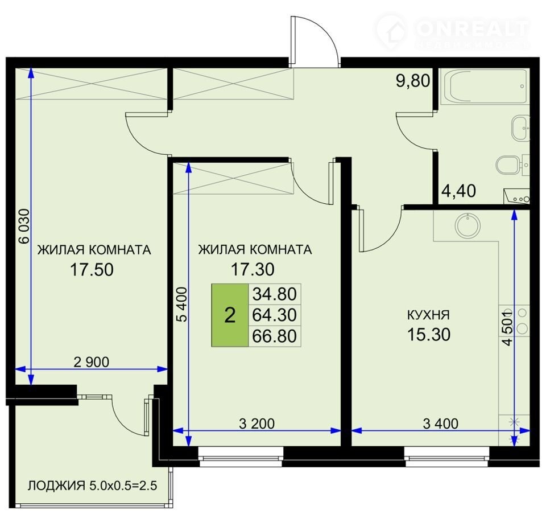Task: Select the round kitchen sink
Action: [468, 225]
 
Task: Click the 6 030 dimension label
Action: [24, 226]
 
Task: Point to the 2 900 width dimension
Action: [91, 362]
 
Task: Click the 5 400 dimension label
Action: [182, 305]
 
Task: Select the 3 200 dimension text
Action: [257, 424]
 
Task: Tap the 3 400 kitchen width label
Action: [440, 424]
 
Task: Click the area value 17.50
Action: [92, 269]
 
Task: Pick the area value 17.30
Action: [253, 269]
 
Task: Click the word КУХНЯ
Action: [428, 315]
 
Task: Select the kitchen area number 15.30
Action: [429, 334]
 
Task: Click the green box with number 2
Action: [230, 315]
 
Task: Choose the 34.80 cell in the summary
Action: [274, 294]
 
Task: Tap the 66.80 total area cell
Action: [274, 336]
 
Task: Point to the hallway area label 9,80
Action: [413, 81]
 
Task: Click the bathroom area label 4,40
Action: [458, 191]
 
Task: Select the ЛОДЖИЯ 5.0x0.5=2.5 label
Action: [92, 485]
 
